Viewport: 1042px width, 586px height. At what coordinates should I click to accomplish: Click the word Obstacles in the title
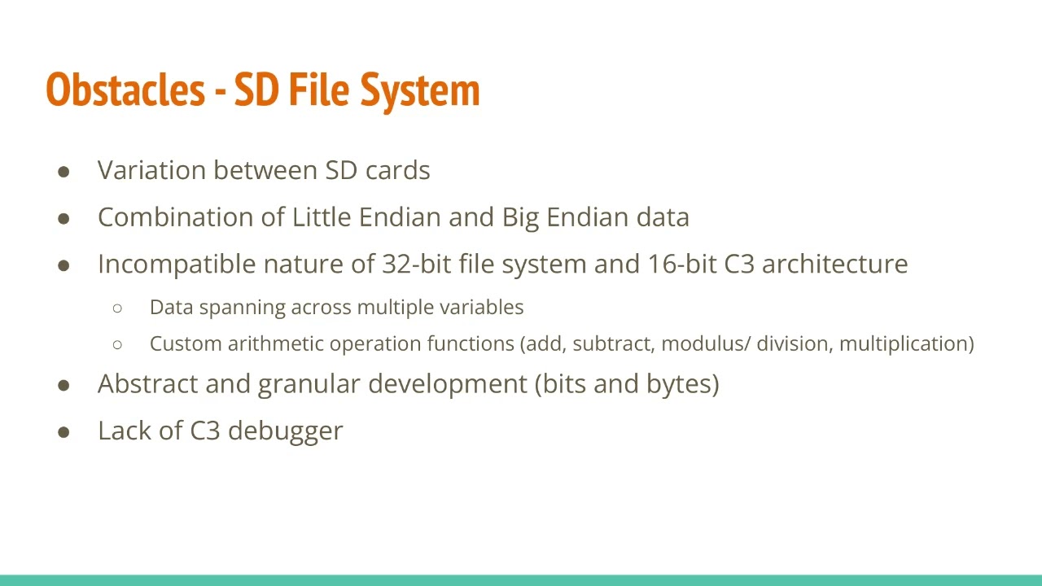pyautogui.click(x=125, y=90)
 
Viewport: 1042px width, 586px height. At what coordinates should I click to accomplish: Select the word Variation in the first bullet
pyautogui.click(x=151, y=170)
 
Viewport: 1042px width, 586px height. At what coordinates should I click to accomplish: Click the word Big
pyautogui.click(x=521, y=218)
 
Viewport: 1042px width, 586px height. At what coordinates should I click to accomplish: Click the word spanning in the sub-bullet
pyautogui.click(x=242, y=308)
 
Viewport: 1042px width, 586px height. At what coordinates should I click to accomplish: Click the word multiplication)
pyautogui.click(x=906, y=343)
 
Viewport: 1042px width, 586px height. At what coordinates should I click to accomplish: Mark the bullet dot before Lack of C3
pyautogui.click(x=64, y=431)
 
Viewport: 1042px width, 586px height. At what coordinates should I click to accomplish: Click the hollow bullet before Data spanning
pyautogui.click(x=118, y=308)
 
